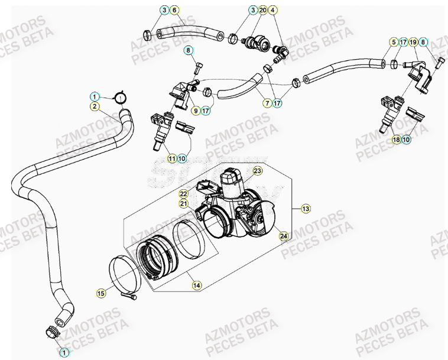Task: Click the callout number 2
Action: (94, 106)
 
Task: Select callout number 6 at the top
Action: (174, 10)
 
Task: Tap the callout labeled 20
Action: (262, 10)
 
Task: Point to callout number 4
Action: (272, 10)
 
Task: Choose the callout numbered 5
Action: (393, 42)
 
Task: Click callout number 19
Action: (414, 42)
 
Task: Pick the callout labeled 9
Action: (196, 110)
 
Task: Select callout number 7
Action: (267, 103)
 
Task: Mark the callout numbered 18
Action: (395, 140)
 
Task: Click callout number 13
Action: (306, 209)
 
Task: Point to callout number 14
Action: (196, 285)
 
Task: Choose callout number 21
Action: (184, 204)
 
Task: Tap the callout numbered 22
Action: (184, 193)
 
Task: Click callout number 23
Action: (257, 171)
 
